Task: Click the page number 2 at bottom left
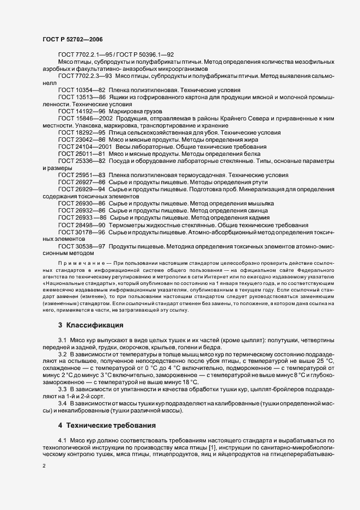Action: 44,466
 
